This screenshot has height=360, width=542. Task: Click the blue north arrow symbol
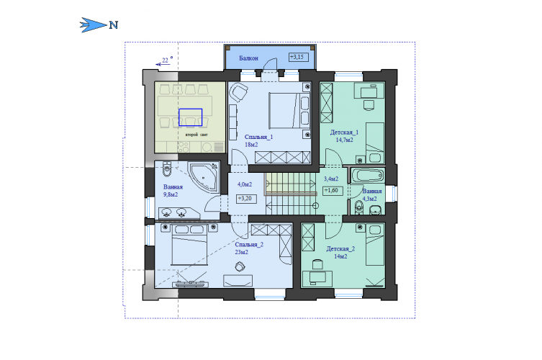[x=93, y=25]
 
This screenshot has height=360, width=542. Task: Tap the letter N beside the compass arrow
[x=114, y=25]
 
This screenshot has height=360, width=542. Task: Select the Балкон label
[x=248, y=58]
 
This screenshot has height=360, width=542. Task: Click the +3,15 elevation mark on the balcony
[x=298, y=57]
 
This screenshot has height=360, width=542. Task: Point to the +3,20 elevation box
[x=246, y=199]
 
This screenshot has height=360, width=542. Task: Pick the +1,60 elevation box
[x=333, y=191]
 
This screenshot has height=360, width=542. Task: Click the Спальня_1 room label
[x=258, y=137]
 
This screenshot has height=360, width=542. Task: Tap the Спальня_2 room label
[x=249, y=245]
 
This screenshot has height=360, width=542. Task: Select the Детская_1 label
[x=344, y=132]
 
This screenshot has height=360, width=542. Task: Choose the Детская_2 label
[x=340, y=248]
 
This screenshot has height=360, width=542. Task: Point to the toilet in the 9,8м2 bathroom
[x=166, y=168]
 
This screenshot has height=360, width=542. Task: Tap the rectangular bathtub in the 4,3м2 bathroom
[x=368, y=176]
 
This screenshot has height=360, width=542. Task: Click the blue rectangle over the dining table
[x=191, y=117]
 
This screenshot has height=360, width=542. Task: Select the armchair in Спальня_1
[x=238, y=92]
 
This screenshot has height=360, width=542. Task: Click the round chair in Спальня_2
[x=240, y=266]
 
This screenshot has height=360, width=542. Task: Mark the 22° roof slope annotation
[x=165, y=61]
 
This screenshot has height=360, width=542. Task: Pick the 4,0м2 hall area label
[x=245, y=184]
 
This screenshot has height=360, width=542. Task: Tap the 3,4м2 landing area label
[x=331, y=179]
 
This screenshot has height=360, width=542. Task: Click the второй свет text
[x=197, y=135]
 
